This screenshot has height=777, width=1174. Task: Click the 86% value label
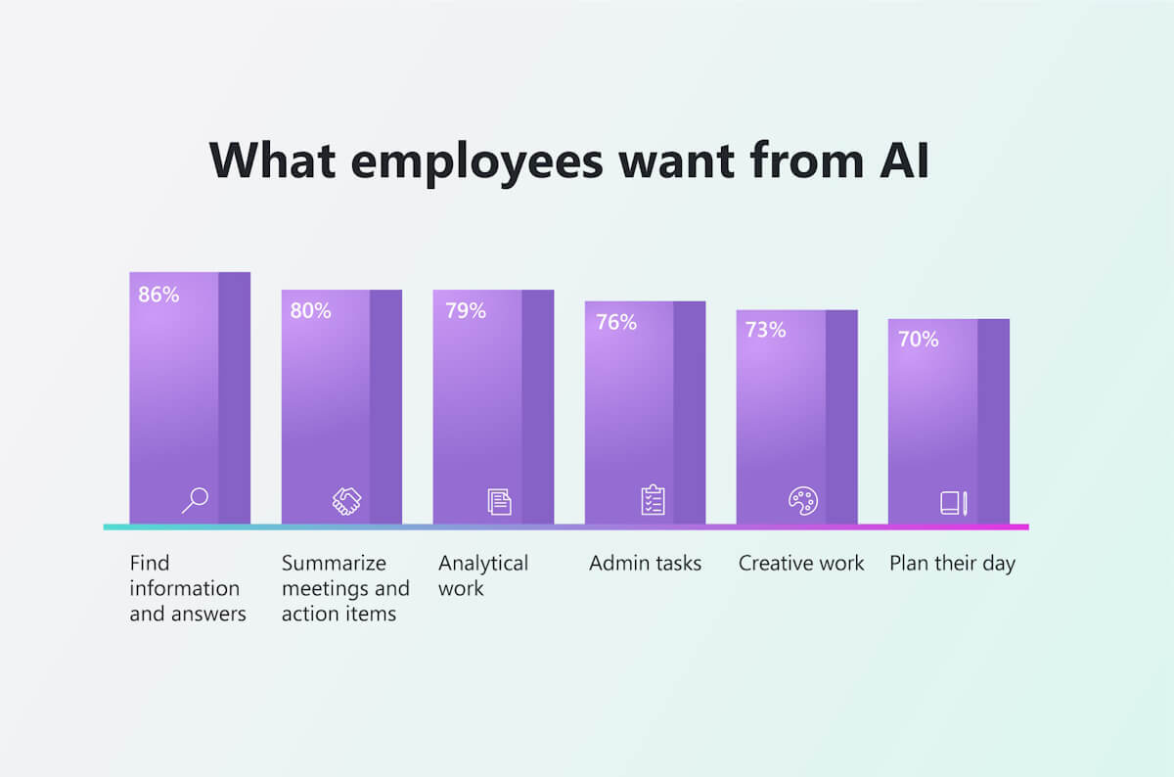(x=158, y=294)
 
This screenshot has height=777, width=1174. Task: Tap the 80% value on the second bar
(x=310, y=311)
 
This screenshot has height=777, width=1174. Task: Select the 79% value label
(x=465, y=311)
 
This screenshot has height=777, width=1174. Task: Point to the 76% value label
(x=616, y=322)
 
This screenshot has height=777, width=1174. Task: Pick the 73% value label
(x=766, y=330)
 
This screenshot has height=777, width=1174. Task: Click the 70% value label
(x=918, y=340)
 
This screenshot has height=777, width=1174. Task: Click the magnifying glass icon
(x=195, y=500)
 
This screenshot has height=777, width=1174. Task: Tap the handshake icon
(x=346, y=501)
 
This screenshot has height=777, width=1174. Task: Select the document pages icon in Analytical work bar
(x=499, y=501)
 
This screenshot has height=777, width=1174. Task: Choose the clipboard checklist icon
(x=653, y=500)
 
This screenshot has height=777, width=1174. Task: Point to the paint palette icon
(x=802, y=500)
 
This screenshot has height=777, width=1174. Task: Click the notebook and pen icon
(x=954, y=503)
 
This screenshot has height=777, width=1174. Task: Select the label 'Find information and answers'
(x=188, y=588)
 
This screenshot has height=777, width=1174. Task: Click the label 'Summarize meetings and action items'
(x=344, y=588)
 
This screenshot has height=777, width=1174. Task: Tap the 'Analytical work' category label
(x=483, y=575)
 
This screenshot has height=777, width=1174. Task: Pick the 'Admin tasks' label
(x=645, y=563)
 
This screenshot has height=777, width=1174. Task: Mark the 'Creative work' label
(x=801, y=563)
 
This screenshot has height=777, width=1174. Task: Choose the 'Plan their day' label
(x=952, y=563)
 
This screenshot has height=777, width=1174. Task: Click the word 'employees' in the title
(x=476, y=160)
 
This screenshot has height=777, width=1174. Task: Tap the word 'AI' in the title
(x=897, y=160)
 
